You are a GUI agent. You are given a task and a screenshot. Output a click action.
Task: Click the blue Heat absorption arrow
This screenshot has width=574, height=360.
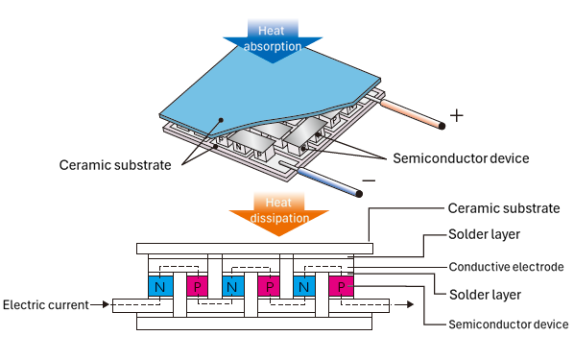click(x=273, y=40)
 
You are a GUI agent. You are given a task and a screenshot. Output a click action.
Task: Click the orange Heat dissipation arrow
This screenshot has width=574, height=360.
click(x=279, y=213)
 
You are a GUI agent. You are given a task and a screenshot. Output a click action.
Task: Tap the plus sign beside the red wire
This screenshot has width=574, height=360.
click(x=457, y=116)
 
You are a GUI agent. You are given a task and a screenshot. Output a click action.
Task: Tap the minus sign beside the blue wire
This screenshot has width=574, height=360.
click(x=369, y=180)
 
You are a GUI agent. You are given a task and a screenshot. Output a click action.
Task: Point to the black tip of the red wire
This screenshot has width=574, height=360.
click(x=442, y=126)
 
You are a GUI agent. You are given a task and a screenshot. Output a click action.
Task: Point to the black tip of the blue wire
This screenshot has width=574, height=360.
click(x=359, y=193)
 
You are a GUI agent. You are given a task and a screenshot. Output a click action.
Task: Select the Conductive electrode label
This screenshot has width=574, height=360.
click(x=506, y=267)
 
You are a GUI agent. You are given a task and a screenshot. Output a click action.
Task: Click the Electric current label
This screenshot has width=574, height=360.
click(x=46, y=304)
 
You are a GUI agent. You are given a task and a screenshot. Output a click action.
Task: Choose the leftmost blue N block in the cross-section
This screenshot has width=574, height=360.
click(x=160, y=286)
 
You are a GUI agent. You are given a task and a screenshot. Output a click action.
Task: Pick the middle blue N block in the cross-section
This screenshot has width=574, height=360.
click(x=233, y=286)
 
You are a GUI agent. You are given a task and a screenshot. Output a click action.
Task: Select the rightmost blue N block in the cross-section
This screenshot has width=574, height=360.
click(x=304, y=286)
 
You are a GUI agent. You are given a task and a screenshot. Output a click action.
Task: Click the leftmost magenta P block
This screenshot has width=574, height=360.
click(x=198, y=286)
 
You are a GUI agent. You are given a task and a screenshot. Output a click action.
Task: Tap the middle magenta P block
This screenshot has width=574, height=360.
click(x=269, y=286)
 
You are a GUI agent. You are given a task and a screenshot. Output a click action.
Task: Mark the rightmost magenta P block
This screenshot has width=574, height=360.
click(x=341, y=286)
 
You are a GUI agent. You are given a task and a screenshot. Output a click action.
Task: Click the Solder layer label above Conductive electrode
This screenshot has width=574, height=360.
click(x=484, y=234)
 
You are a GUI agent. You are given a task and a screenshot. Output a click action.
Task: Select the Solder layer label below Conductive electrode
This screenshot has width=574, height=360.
click(x=485, y=295)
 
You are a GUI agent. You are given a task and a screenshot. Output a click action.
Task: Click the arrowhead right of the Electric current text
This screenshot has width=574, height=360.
click(x=107, y=304)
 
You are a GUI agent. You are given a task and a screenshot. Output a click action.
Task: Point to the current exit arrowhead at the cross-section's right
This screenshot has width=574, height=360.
click(x=410, y=304)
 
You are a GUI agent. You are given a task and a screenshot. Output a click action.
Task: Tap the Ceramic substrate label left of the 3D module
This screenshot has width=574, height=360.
click(x=115, y=165)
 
